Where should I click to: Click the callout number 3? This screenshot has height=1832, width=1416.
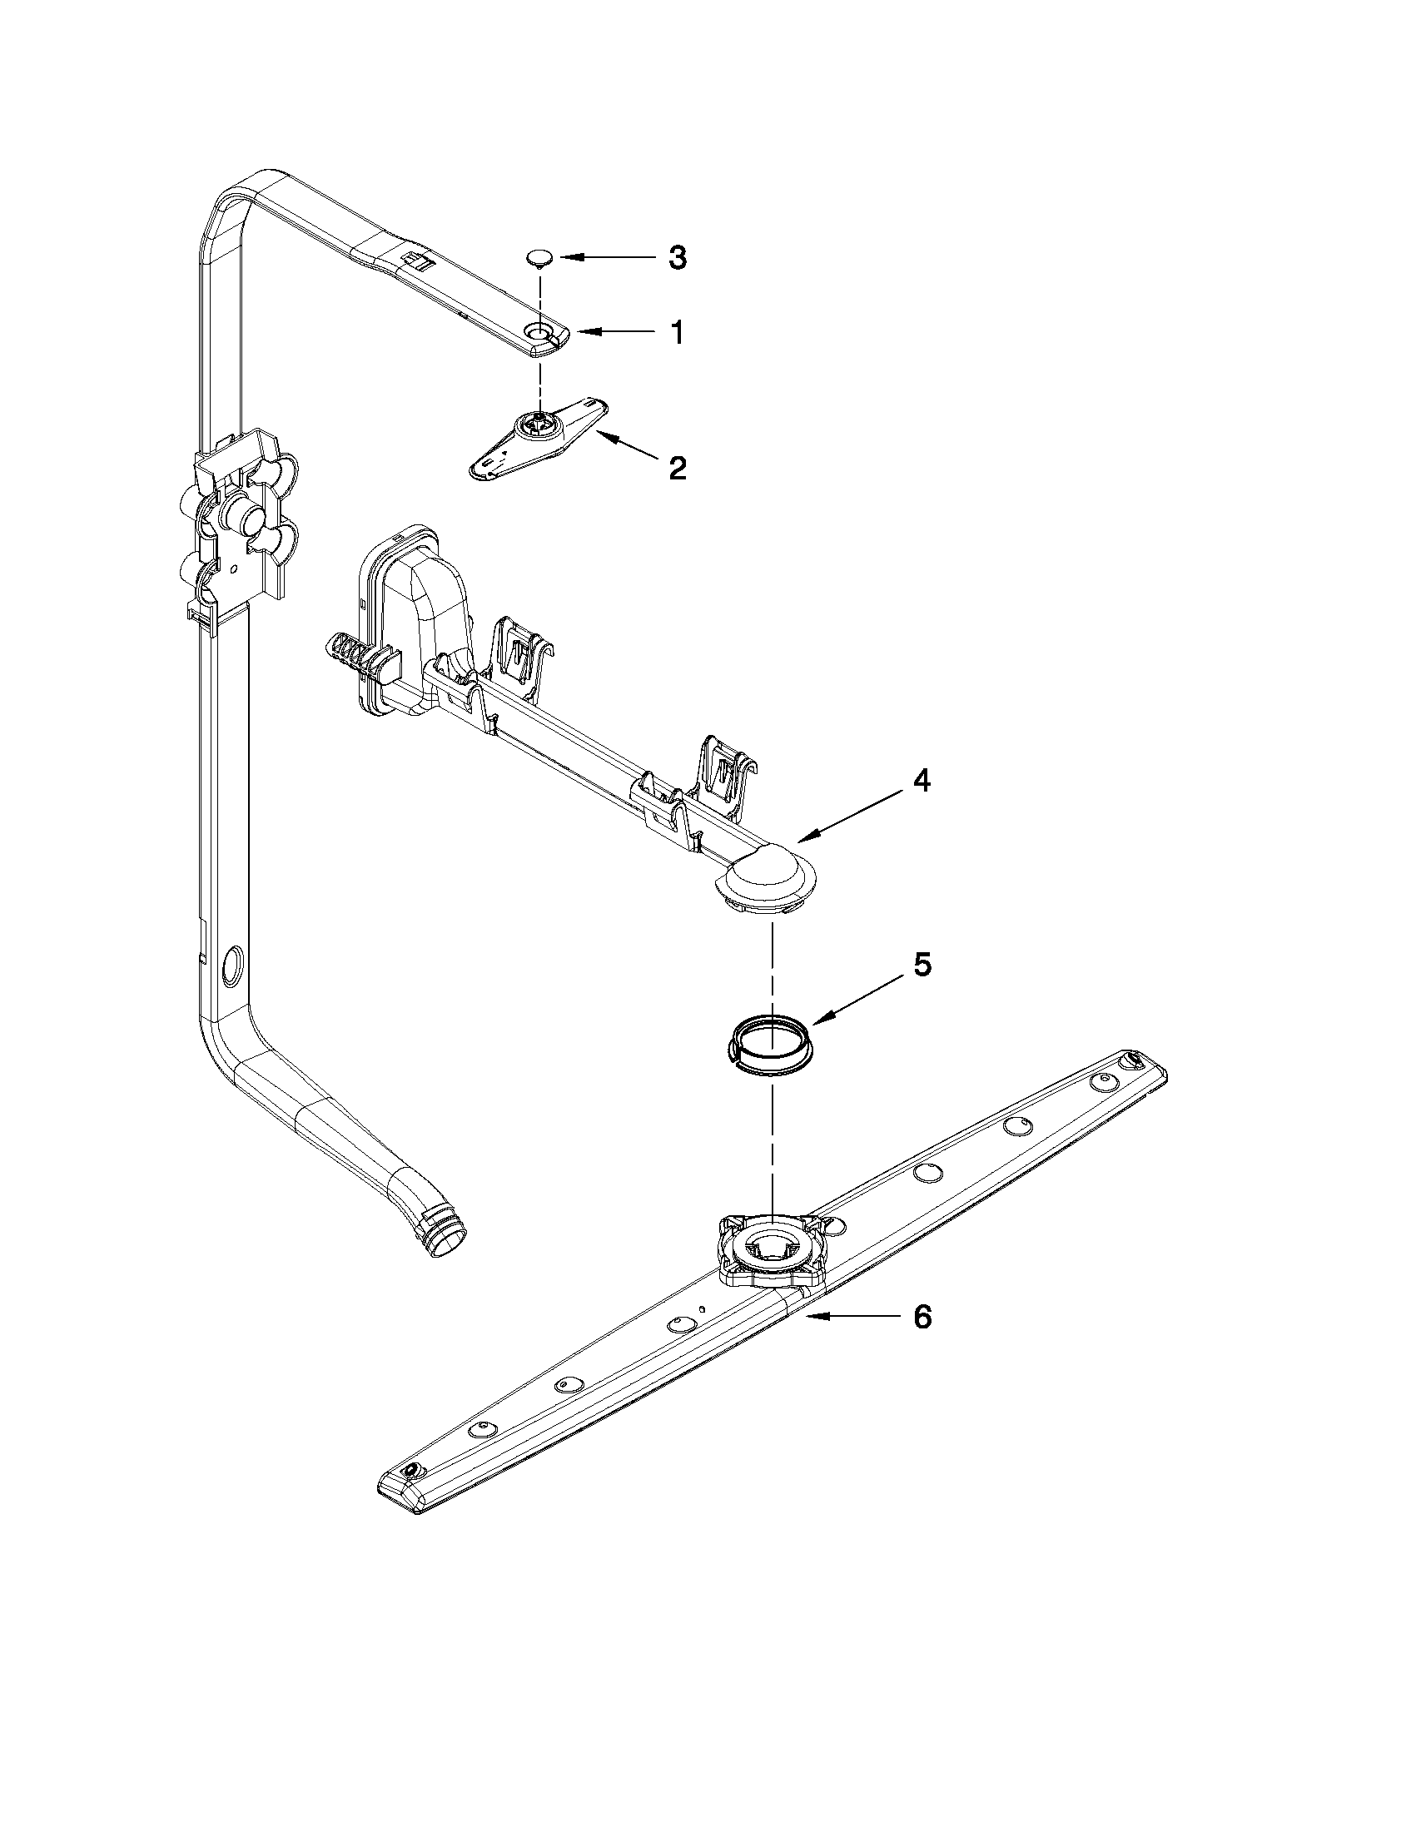[x=677, y=257]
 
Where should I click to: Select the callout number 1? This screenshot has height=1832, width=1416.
[x=676, y=333]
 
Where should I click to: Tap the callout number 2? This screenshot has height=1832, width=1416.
[x=677, y=467]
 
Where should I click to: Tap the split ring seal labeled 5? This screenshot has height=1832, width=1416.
[x=768, y=1043]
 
